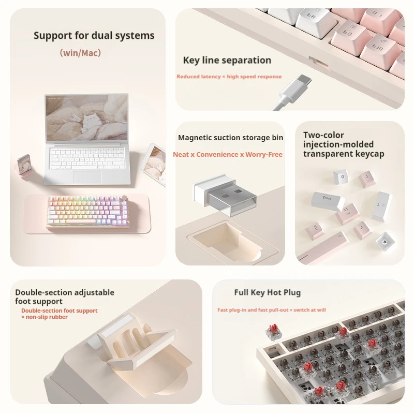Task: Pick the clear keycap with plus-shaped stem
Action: (x=384, y=239)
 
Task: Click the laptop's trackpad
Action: (x=87, y=176)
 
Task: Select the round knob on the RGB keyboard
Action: (x=125, y=199)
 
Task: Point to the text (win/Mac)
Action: (x=80, y=52)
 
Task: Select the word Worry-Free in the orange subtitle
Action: (x=265, y=154)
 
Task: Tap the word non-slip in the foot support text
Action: (x=39, y=317)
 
